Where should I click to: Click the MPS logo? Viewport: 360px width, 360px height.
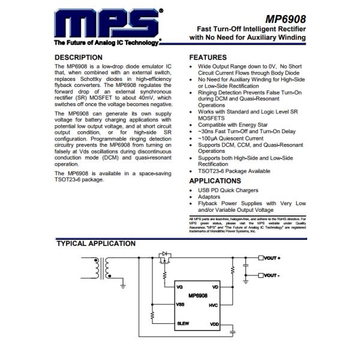[x=108, y=24]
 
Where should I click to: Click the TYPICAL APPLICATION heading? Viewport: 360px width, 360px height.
[x=95, y=244]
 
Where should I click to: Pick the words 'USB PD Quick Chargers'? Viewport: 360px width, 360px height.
[x=227, y=190]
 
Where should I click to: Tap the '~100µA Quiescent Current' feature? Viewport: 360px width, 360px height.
[x=231, y=138]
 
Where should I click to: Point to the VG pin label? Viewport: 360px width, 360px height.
[x=179, y=287]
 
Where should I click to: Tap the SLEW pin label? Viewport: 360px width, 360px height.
[x=183, y=324]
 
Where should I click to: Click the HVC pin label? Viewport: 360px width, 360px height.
[x=213, y=305]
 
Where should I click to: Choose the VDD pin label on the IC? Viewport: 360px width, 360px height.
[x=214, y=325]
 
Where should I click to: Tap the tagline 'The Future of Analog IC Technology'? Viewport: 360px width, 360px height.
[x=106, y=43]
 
